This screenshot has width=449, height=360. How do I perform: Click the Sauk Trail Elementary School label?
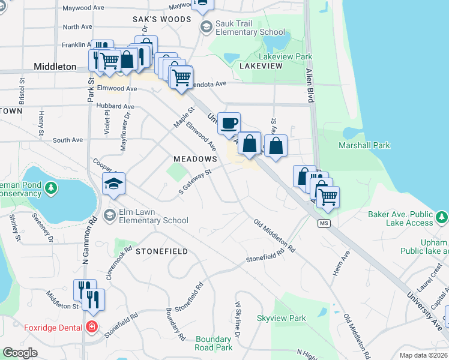250,28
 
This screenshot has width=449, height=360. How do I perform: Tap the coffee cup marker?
229,124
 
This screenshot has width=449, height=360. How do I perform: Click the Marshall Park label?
364,145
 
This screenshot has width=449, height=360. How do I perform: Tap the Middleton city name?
55,67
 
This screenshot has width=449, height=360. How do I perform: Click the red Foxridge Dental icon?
91,327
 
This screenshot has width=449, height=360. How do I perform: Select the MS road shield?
324,224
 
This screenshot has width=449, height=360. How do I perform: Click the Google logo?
20,353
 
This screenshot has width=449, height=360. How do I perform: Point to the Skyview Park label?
281,319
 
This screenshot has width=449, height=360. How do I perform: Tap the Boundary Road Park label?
213,343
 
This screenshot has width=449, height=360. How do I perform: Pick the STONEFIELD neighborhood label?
161,251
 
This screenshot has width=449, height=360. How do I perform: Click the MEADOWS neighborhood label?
194,158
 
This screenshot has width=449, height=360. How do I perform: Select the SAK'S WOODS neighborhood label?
161,19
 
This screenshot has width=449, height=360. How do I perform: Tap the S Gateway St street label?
196,181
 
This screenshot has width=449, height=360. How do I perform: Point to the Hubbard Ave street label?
115,106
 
